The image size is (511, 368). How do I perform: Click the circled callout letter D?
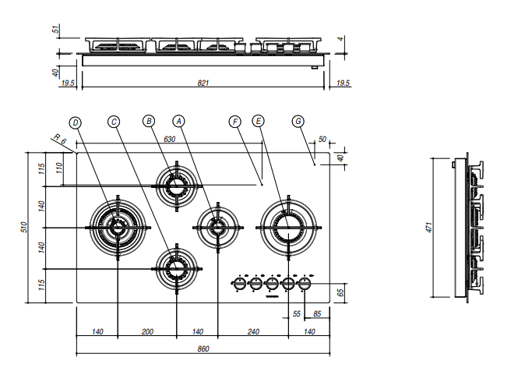coord(76,123)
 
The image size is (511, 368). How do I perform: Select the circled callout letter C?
coord(114,122)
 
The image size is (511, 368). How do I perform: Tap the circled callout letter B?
coord(149,121)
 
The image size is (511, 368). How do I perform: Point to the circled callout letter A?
coord(178,121)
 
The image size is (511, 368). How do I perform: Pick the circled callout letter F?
coord(235,122)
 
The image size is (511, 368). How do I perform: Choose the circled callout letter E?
coord(258,121)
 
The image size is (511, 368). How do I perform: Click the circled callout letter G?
coord(298,121)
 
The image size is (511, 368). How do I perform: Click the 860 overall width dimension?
coord(203,349)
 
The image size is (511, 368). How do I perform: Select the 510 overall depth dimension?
coord(24,227)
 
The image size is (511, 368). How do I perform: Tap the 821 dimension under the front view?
coord(203,83)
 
